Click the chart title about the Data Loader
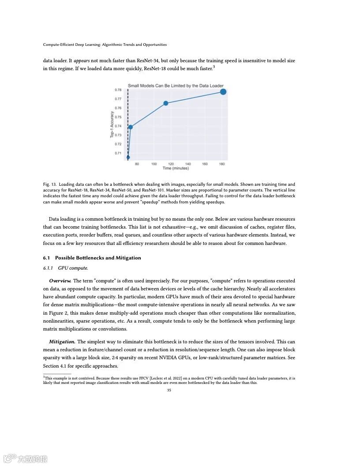[x=176, y=86]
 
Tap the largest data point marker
[x=223, y=92]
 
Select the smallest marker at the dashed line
[x=128, y=157]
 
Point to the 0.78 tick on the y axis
[x=118, y=90]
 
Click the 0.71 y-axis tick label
[x=118, y=153]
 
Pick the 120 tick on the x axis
[x=171, y=164]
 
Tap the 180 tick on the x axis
[x=222, y=164]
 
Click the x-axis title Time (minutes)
[x=175, y=168]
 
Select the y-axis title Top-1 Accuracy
[x=112, y=124]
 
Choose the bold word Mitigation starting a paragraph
[x=62, y=342]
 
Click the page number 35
[x=169, y=390]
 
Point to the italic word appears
[x=82, y=60]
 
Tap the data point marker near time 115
[x=166, y=103]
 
